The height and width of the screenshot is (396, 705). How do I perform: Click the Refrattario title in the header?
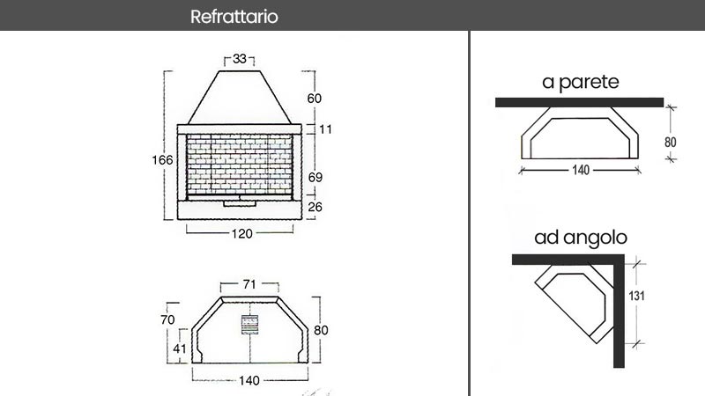point(234,17)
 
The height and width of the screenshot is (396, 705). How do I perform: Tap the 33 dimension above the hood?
point(240,59)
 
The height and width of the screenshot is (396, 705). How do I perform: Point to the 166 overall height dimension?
point(162,160)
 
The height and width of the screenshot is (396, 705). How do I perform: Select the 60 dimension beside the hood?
point(315,99)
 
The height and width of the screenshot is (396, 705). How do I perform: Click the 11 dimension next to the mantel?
point(325,129)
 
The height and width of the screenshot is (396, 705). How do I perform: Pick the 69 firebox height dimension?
point(315,178)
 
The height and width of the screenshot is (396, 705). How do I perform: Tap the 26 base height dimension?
point(315,207)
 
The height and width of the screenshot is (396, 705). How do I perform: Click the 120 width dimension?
point(241,233)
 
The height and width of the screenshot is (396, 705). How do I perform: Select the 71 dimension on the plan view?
point(249,284)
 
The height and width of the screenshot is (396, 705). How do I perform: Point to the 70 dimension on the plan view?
point(167,319)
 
